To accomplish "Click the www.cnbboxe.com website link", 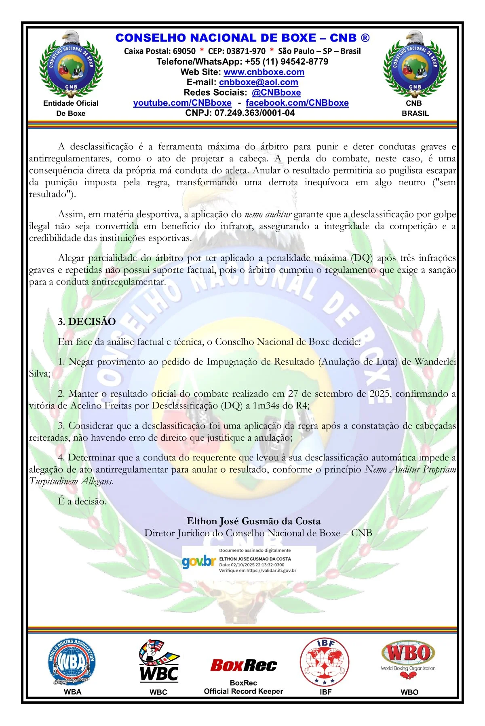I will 264,72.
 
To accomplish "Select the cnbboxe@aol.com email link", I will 258,82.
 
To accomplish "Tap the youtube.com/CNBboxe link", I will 182,103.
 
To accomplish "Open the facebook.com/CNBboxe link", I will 297,103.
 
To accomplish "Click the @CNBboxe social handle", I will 276,92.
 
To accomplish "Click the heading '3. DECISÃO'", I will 86,322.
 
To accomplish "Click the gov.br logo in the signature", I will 198,562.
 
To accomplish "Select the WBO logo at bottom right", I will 408,658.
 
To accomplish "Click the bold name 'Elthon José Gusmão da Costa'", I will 253,521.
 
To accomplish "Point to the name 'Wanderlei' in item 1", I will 435,362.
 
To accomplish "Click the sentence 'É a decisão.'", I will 82,501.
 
